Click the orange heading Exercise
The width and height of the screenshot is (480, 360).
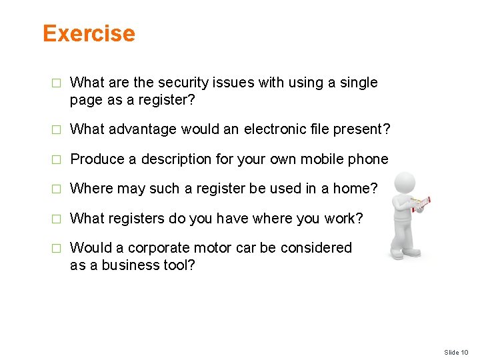(x=89, y=33)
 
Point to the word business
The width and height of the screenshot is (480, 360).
(x=127, y=265)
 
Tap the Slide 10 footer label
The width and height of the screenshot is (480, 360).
(x=456, y=352)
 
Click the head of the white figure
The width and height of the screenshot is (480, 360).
(x=405, y=183)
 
